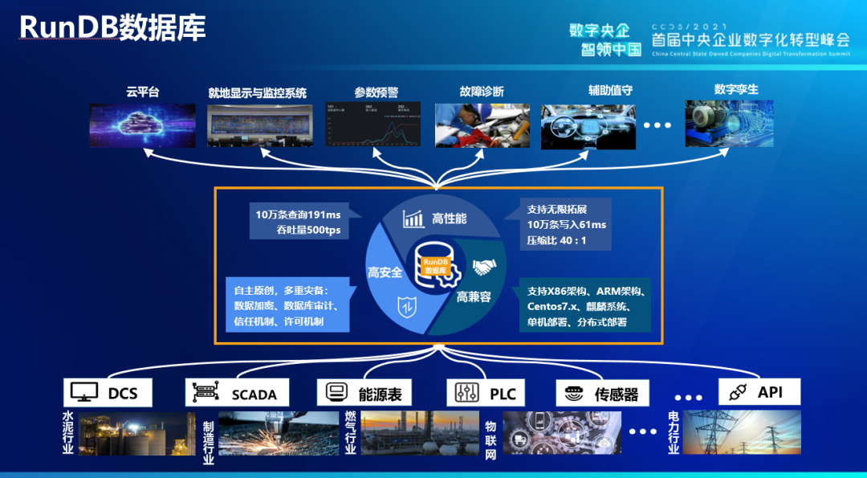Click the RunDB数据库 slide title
click(x=112, y=27)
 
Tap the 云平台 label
click(x=143, y=92)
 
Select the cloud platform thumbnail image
click(x=142, y=124)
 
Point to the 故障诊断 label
click(x=482, y=92)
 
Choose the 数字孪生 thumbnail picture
click(x=729, y=123)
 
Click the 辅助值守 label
click(x=610, y=91)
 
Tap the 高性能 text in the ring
click(x=449, y=219)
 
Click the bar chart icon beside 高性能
click(x=414, y=219)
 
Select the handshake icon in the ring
click(x=483, y=268)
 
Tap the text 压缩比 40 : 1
click(x=556, y=239)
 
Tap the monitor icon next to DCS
click(x=84, y=392)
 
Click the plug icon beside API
click(x=738, y=392)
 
